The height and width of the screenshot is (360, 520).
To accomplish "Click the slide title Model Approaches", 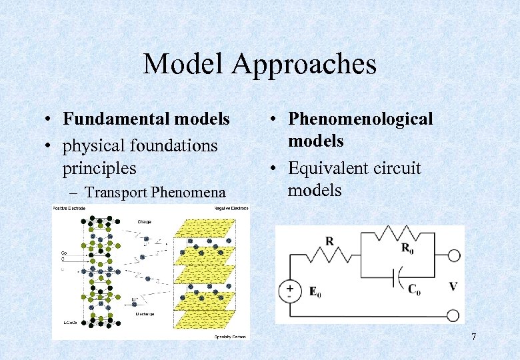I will pyautogui.click(x=259, y=65).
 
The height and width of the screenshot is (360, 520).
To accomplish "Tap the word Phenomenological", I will pyautogui.click(x=360, y=119).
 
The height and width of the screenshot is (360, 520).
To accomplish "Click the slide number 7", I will pyautogui.click(x=473, y=337).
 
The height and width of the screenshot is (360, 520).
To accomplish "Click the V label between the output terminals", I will pyautogui.click(x=453, y=287).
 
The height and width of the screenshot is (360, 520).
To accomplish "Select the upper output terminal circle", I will pyautogui.click(x=453, y=256).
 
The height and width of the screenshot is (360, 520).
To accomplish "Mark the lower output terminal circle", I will pyautogui.click(x=453, y=316).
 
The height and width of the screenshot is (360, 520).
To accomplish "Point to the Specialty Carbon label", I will pyautogui.click(x=230, y=337).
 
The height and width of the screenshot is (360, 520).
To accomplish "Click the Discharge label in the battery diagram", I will pyautogui.click(x=146, y=313).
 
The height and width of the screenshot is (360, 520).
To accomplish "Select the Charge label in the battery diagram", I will pyautogui.click(x=144, y=221).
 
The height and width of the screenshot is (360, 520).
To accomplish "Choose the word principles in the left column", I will pyautogui.click(x=99, y=168).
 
